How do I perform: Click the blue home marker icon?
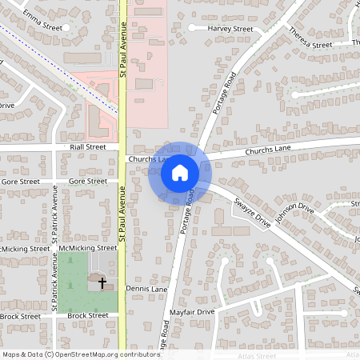pyautogui.click(x=180, y=173)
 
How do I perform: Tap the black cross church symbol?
pyautogui.click(x=102, y=282)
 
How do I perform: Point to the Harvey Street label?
pyautogui.click(x=230, y=29)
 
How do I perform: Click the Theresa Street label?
pyautogui.click(x=310, y=39)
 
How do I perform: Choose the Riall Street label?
pyautogui.click(x=87, y=147)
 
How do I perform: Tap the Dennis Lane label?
pyautogui.click(x=146, y=288)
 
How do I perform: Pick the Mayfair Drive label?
pyautogui.click(x=195, y=311)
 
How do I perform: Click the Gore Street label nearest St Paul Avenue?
pyautogui.click(x=87, y=182)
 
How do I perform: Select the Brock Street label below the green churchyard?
pyautogui.click(x=88, y=316)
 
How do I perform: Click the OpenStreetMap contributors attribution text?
pyautogui.click(x=81, y=354)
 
